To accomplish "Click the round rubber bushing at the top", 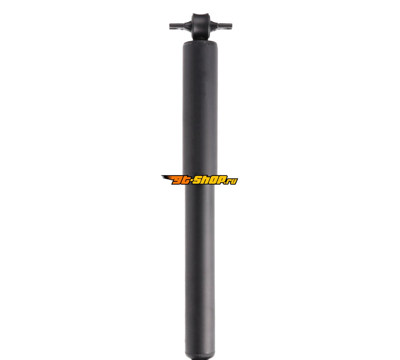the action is [200, 26].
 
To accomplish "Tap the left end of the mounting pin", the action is [170, 26].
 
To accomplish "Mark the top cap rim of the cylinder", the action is [200, 43].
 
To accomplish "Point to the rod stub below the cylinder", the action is [200, 359].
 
